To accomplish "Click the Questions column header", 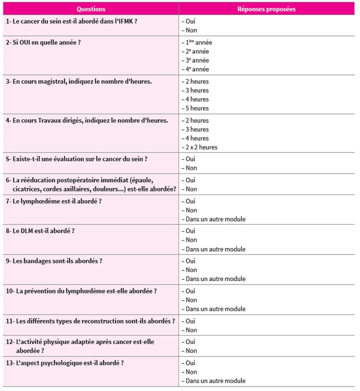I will pos(91,9).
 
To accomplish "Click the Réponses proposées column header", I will pos(266,9).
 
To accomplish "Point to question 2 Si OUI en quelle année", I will pos(43,42).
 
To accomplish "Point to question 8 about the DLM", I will pos(40,231).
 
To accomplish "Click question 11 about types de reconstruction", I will pos(90,321).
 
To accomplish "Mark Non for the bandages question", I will pos(190,270).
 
